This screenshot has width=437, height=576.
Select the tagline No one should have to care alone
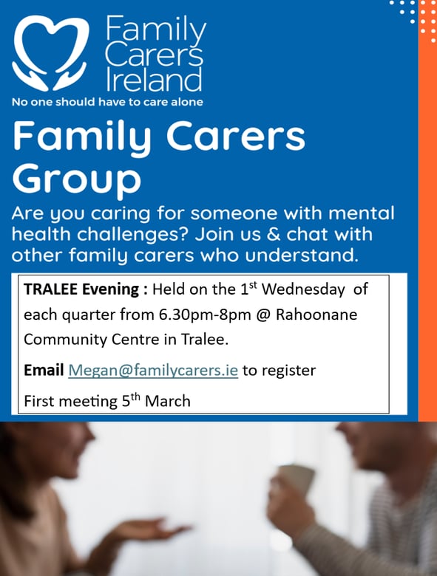(x=107, y=102)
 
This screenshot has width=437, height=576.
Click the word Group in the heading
(x=77, y=179)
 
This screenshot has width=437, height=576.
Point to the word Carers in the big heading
(x=236, y=136)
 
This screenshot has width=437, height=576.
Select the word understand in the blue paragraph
(x=301, y=255)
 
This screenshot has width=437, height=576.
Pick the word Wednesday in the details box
(x=303, y=289)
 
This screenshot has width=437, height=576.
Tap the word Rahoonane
(x=316, y=315)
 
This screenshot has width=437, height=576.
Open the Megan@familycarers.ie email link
(x=153, y=370)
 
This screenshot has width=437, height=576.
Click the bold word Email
(x=44, y=370)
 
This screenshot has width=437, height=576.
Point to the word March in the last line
(x=168, y=401)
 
